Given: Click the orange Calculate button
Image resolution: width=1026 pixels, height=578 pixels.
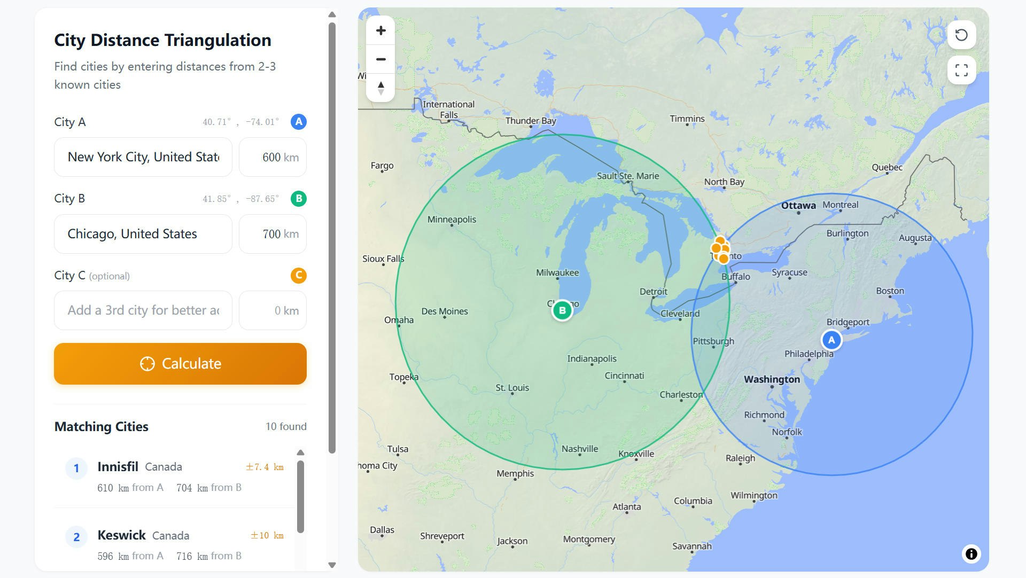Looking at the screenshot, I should pos(180,364).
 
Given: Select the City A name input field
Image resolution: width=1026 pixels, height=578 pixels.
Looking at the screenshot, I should pos(143,157).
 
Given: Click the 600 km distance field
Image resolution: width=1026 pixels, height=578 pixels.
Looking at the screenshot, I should pos(273,157).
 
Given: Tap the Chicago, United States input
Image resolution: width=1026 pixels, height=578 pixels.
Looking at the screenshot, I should pos(143,234).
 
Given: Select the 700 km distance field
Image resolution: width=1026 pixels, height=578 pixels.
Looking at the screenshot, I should pos(273,234).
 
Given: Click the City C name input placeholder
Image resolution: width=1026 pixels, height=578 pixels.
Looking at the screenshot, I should pos(143,310).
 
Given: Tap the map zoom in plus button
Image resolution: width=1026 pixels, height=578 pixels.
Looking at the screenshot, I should pos(380,30).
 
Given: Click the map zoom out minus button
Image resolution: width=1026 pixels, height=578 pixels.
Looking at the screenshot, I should pos(380,59).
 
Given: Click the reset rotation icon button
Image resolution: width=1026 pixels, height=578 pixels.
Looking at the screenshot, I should pos(961,35).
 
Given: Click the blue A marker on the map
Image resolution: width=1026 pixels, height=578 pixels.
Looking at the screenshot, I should pos(831,340).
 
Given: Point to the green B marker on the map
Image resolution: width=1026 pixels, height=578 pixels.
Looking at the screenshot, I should pos(562,310).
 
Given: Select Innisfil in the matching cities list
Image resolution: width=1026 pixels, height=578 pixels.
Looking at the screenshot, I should pos(118,467).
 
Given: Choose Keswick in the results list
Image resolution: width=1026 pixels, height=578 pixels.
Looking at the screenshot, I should pos(121,535).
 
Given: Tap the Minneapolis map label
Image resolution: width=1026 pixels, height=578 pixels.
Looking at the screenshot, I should pos(452,220).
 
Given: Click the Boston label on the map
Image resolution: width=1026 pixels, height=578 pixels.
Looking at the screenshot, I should pos(890,291).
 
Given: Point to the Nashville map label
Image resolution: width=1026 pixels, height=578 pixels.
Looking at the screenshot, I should pos(580,449).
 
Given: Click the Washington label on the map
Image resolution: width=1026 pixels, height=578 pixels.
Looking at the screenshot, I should pos(772,380).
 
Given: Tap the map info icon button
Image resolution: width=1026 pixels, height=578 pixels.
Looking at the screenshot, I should pos(971,554).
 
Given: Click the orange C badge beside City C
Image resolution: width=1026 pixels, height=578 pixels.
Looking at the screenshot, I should pos(299,276).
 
